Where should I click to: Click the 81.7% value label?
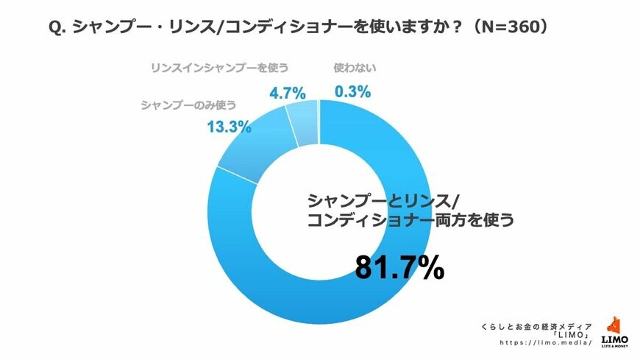(399, 268)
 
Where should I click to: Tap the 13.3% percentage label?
(229, 127)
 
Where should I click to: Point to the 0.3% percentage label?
(352, 93)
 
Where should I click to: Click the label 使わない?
(355, 68)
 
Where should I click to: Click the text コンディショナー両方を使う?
(410, 221)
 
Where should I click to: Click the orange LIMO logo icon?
(615, 326)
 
